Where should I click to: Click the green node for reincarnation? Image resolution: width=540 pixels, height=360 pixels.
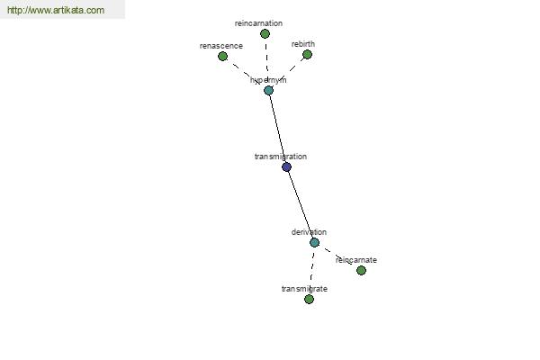coord(265,34)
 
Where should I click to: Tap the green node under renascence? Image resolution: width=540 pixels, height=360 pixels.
coord(222,56)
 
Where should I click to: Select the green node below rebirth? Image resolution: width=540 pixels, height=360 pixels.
coord(307,55)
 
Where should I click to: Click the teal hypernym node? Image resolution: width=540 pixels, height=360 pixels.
coord(268,90)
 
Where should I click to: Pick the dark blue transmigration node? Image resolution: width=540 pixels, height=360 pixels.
coord(286,166)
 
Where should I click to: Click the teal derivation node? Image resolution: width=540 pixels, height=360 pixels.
coord(314,242)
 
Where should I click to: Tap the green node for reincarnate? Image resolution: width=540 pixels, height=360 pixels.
coord(361,270)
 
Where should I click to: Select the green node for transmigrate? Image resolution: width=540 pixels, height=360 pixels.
coord(309,299)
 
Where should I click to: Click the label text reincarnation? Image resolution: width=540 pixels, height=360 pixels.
coord(258,23)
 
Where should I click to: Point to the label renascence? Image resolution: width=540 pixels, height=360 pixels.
coord(221,45)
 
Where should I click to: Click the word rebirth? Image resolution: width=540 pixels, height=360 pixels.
coord(303,44)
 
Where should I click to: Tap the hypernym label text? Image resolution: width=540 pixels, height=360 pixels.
coord(268,80)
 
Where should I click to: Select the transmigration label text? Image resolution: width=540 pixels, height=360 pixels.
coord(281,157)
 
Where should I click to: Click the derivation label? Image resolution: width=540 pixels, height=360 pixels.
coord(309,232)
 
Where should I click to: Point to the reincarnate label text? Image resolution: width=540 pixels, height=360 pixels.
coord(356,260)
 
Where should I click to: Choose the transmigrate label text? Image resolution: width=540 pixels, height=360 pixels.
coord(304,289)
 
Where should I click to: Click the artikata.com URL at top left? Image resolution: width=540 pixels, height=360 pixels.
coord(56,11)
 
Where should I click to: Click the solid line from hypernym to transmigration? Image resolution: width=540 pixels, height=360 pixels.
coord(277,128)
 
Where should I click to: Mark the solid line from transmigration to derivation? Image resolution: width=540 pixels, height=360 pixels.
coord(300,204)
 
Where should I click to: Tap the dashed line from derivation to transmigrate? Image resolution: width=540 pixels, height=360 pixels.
coord(311,270)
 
